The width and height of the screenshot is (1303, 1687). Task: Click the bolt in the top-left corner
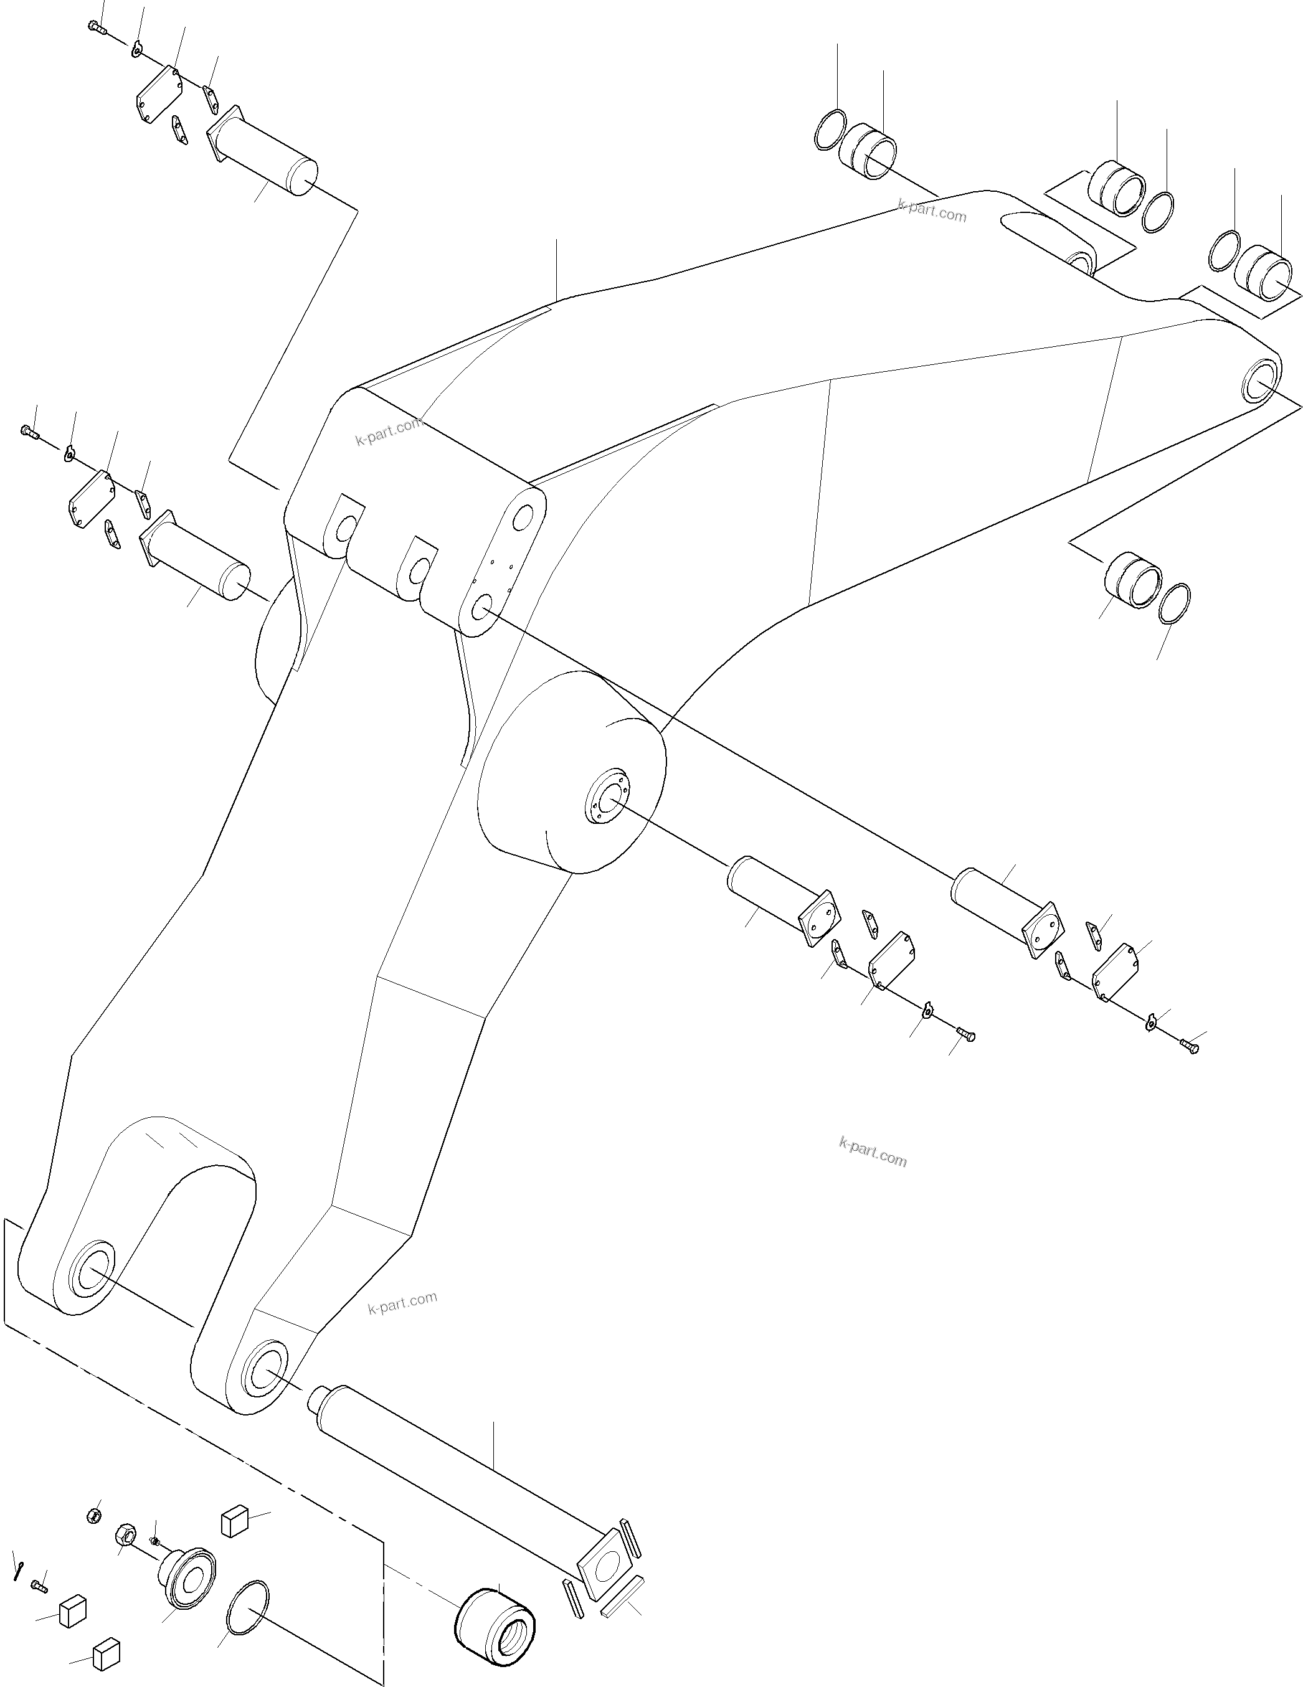pos(95,28)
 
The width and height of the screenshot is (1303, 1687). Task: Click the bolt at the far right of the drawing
pos(1190,1047)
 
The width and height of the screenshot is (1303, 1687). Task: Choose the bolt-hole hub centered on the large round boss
pos(607,796)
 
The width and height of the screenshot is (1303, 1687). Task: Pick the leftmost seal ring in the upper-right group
pos(830,130)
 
